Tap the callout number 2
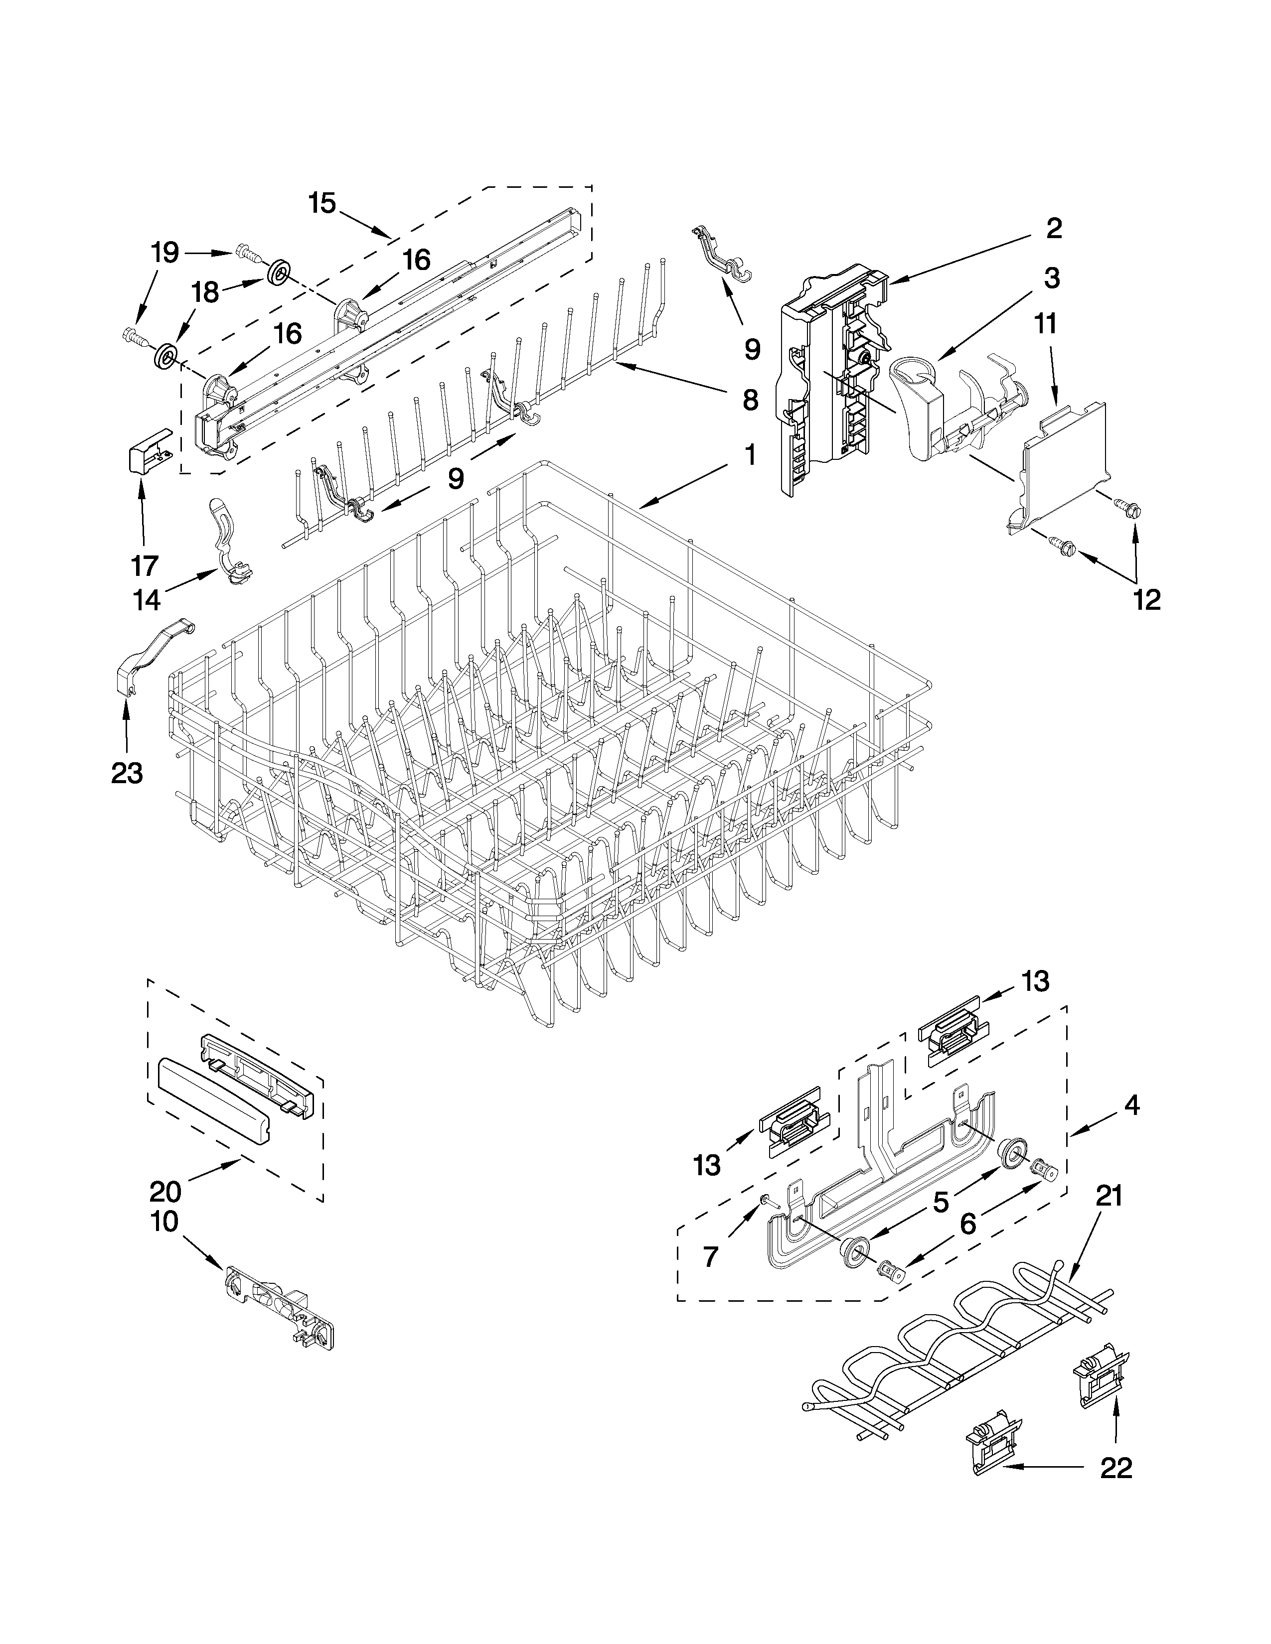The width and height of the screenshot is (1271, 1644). [1054, 228]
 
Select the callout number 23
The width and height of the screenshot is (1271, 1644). [127, 772]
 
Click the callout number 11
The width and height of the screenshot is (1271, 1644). [1046, 324]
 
